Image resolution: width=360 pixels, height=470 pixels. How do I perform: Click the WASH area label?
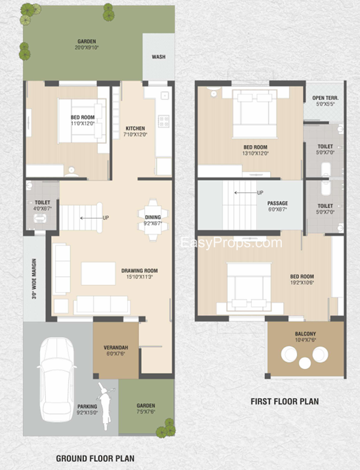[158, 56]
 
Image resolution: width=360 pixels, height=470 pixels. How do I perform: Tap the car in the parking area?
[56, 380]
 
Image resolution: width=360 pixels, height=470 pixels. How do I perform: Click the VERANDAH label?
[116, 348]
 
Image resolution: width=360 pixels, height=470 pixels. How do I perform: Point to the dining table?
[153, 220]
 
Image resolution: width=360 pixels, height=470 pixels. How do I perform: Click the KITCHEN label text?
[135, 128]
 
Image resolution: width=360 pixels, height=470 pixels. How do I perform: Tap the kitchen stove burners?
[164, 121]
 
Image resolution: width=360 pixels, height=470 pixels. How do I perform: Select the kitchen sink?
[164, 96]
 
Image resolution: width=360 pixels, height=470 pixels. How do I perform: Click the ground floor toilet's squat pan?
[40, 218]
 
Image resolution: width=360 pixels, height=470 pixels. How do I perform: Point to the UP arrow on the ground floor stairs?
[91, 218]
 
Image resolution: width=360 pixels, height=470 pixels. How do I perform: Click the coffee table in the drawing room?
[98, 273]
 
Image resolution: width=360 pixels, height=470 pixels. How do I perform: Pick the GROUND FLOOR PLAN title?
[95, 458]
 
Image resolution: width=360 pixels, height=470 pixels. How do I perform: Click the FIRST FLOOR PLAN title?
[285, 401]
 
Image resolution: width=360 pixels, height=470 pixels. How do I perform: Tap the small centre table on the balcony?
[305, 363]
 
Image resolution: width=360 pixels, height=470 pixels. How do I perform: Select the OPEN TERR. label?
[325, 98]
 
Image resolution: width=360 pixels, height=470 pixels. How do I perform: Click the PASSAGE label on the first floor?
[278, 203]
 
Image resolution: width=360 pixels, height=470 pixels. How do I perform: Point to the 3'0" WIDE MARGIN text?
[34, 278]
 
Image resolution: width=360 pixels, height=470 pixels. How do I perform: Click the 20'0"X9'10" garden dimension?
[87, 48]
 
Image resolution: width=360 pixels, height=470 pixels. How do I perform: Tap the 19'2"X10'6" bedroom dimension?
[302, 283]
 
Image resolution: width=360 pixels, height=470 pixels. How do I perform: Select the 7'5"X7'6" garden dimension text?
[146, 412]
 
